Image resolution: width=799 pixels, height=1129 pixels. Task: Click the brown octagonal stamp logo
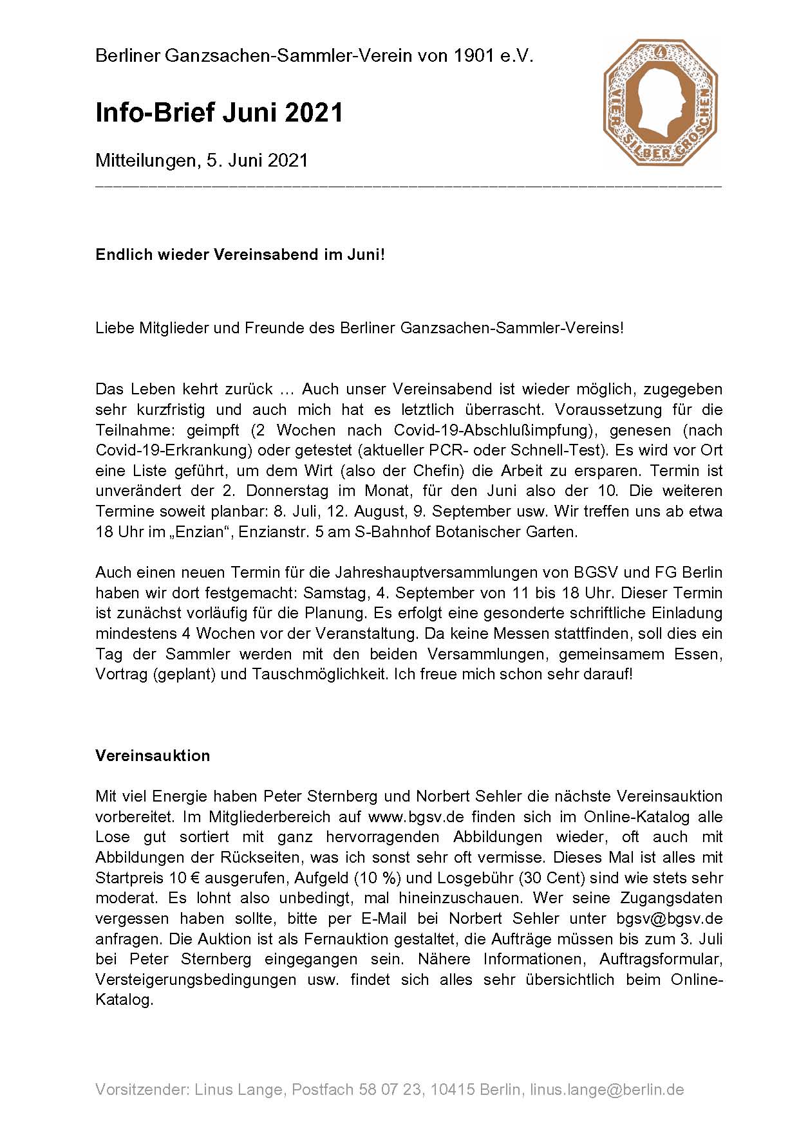tap(661, 102)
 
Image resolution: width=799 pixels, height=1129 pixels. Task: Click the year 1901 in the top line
tap(473, 56)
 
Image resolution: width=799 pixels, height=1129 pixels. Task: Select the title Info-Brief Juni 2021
tap(219, 113)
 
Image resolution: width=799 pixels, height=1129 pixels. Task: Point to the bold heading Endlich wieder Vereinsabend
tap(240, 254)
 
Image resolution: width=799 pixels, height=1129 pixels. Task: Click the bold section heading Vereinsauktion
tap(153, 755)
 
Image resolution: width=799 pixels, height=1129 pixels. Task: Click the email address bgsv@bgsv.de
tap(669, 918)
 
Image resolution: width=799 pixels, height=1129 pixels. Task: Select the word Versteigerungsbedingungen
tap(196, 979)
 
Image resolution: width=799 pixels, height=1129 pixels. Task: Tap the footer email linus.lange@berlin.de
tap(606, 1090)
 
